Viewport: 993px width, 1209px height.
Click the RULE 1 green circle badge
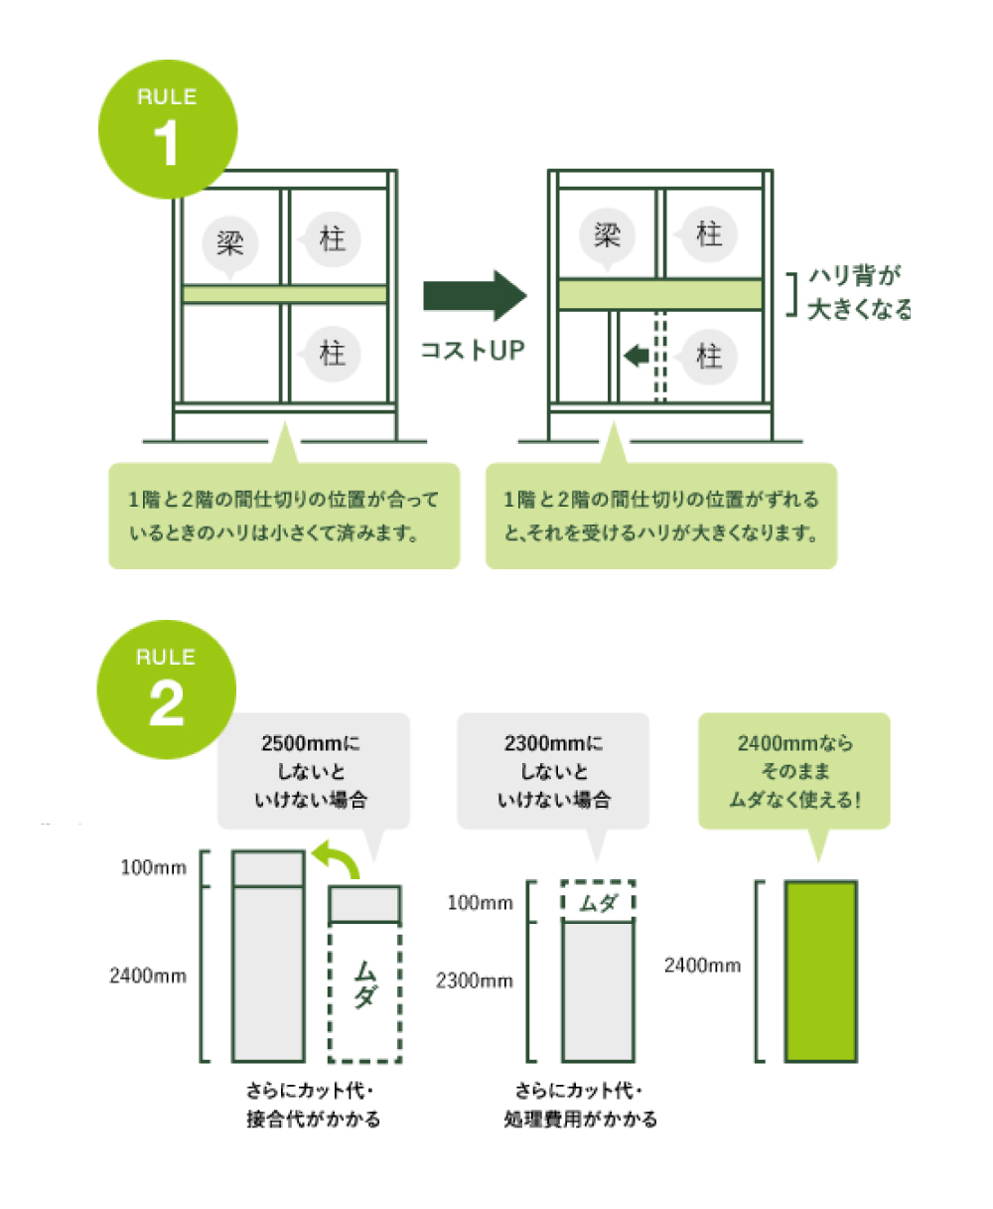tap(168, 130)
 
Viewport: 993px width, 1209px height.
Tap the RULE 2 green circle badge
tap(167, 689)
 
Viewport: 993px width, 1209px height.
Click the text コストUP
tap(472, 350)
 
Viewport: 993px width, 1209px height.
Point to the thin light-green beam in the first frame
tap(285, 294)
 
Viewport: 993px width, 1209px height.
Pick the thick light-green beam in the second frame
tap(660, 294)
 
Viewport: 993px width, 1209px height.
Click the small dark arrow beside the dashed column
tap(637, 355)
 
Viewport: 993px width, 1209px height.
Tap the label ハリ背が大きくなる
tap(858, 292)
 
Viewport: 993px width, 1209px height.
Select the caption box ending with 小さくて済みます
tap(284, 516)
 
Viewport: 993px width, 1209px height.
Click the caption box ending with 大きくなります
tap(661, 516)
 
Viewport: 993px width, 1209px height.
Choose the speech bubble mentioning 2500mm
tap(312, 771)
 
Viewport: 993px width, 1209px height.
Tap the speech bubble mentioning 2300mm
tap(553, 771)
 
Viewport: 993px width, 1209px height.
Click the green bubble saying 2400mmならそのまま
tap(794, 771)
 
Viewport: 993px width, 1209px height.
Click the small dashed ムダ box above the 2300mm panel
tap(598, 902)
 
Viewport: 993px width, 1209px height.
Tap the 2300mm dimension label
tap(475, 982)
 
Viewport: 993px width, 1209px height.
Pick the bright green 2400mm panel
tap(821, 971)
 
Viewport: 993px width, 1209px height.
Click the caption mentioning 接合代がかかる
tap(313, 1104)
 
